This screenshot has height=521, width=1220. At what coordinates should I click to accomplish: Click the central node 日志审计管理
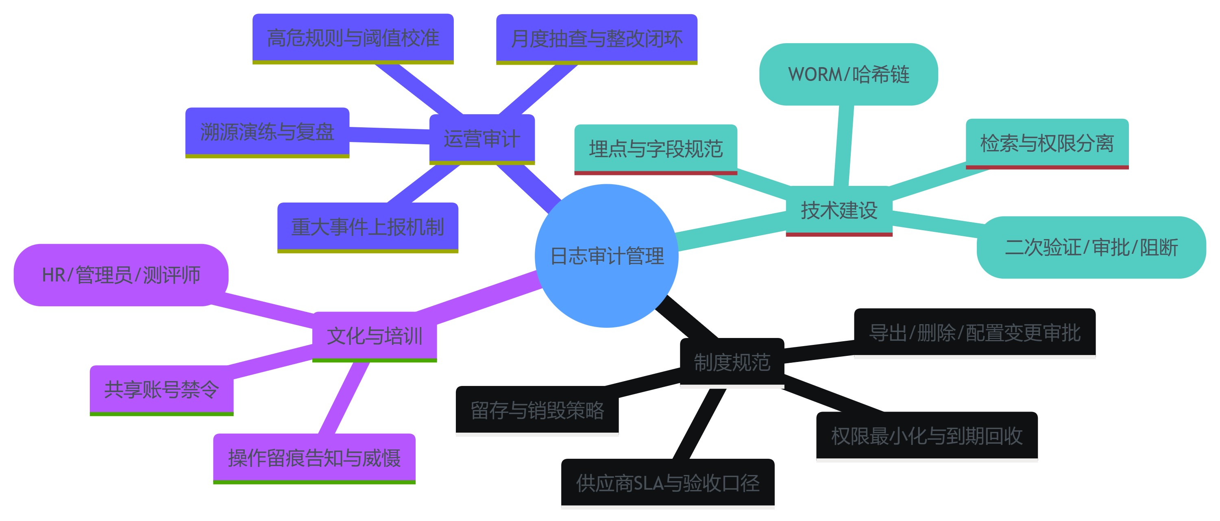[607, 256]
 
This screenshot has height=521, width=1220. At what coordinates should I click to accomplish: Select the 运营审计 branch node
[481, 139]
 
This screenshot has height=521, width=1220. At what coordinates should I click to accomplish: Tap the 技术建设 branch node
[839, 210]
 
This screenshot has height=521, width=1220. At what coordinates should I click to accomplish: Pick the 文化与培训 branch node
[374, 336]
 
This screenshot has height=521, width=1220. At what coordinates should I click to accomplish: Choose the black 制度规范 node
[732, 362]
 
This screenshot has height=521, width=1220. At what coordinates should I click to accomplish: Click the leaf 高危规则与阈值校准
[353, 38]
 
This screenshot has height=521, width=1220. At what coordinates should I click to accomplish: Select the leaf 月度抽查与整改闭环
[596, 38]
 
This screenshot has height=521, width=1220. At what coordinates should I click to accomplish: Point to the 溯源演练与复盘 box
[267, 132]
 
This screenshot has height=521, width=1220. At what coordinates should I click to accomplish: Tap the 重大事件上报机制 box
[368, 227]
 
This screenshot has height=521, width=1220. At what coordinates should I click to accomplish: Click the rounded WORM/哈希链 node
[848, 74]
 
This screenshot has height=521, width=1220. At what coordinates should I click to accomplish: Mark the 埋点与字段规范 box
[656, 149]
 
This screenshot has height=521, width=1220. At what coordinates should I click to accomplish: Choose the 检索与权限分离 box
[1047, 143]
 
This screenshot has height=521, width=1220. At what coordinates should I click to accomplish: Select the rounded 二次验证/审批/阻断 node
[1091, 247]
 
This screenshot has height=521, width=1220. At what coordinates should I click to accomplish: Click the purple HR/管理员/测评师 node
[121, 275]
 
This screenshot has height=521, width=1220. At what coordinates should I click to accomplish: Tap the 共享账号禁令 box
[161, 390]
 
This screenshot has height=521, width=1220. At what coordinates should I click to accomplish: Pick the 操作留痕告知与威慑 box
[314, 458]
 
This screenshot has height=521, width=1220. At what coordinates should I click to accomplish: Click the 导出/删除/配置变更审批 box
[974, 333]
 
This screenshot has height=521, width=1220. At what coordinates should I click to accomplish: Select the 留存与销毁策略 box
[537, 410]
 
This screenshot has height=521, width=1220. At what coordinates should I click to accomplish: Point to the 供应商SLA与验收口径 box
[667, 483]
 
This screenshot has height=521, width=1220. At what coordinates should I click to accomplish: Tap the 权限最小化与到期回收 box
[926, 436]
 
